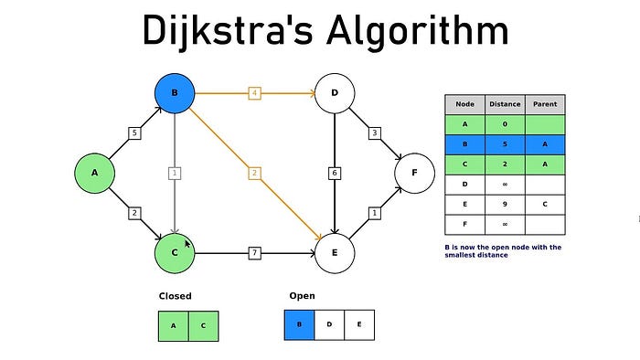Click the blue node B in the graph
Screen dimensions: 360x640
[175, 93]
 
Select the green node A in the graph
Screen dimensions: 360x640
[95, 172]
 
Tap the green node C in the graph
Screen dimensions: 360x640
[175, 251]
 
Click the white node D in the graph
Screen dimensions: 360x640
[334, 93]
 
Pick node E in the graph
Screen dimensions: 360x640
[334, 251]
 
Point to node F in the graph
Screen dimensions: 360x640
[414, 172]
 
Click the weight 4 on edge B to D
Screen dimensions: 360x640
[255, 93]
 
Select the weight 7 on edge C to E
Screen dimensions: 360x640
[255, 251]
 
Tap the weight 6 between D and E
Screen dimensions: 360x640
[335, 173]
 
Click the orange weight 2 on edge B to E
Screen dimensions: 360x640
[255, 173]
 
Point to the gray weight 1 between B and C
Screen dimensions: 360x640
[175, 173]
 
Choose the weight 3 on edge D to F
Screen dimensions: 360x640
[374, 133]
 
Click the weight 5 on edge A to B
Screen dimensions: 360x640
[134, 133]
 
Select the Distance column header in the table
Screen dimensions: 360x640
[505, 104]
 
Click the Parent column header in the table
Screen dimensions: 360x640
[545, 104]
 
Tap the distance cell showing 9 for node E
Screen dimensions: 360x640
[505, 205]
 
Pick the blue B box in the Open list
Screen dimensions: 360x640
[300, 325]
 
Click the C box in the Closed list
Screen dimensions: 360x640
[203, 325]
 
